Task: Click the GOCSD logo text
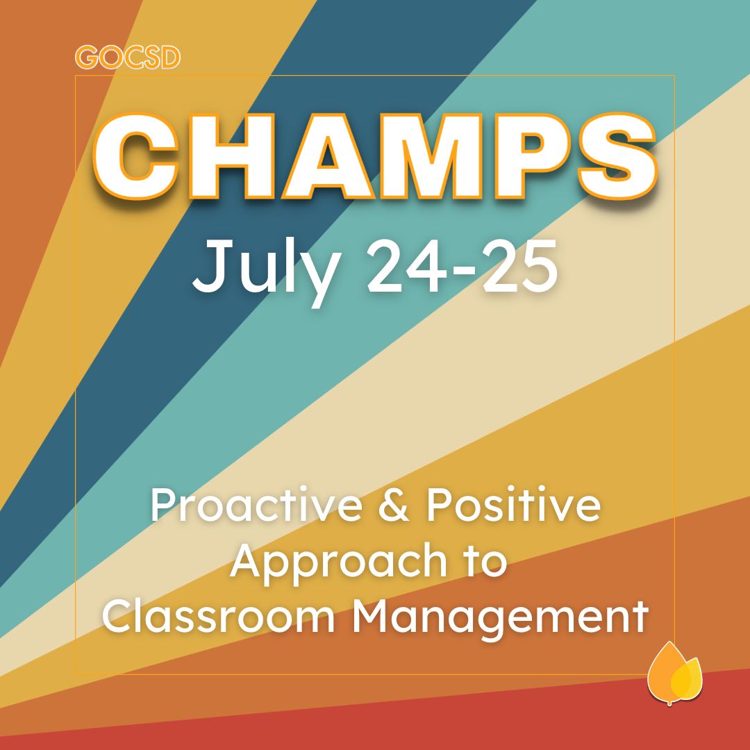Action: (x=128, y=58)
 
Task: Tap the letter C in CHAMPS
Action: (x=136, y=156)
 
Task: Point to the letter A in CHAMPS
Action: (x=327, y=156)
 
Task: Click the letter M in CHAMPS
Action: (x=431, y=156)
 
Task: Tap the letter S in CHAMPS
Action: (x=617, y=156)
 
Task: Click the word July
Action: (x=267, y=271)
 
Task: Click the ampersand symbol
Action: (x=394, y=506)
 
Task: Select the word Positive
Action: (x=513, y=505)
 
